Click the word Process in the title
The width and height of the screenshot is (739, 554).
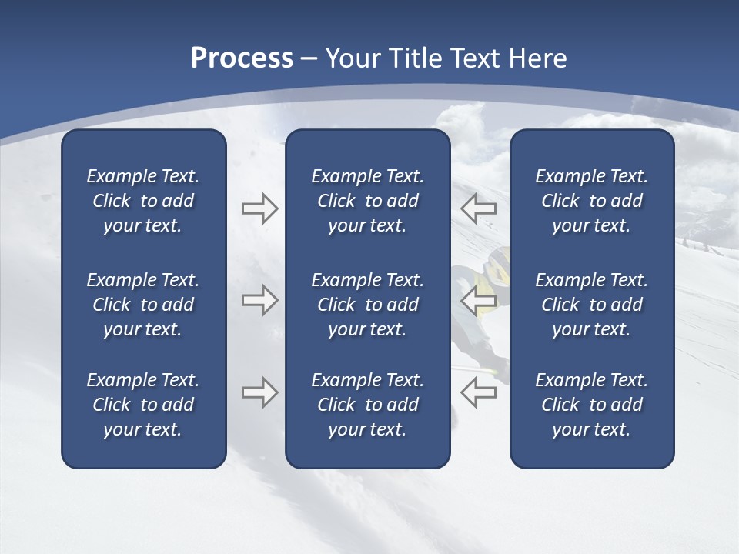coord(242,58)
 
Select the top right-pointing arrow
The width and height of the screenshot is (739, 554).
coord(259,208)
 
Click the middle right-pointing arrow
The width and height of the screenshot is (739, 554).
coord(259,300)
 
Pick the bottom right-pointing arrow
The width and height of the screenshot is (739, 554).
coord(259,392)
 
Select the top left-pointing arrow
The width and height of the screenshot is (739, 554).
coord(478,208)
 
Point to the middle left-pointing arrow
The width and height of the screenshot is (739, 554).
coord(478,300)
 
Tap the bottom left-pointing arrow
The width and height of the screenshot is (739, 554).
coord(478,392)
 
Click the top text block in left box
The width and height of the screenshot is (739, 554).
coord(143,201)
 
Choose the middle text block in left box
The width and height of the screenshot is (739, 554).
coord(143,305)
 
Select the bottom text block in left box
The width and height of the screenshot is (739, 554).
coord(143,405)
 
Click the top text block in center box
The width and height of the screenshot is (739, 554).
coord(367,201)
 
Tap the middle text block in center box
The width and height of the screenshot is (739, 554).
coord(367,305)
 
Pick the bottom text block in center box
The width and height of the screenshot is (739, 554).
coord(367,405)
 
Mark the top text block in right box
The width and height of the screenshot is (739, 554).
coord(591,201)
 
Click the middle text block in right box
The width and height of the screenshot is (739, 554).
coord(591,305)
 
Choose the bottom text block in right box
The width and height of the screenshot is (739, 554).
coord(591,405)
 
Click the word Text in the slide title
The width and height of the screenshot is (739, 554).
coord(475,58)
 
